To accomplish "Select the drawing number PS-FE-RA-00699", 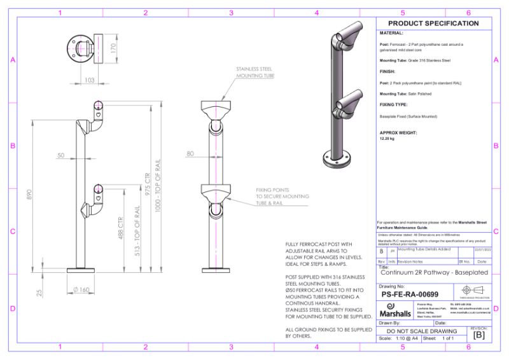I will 410,294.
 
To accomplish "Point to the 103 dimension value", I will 89,80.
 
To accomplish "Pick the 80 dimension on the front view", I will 190,153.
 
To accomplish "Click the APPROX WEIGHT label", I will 398,133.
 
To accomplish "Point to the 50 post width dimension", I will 61,155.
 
